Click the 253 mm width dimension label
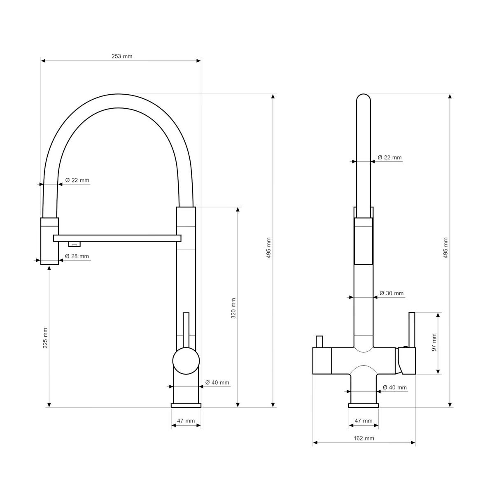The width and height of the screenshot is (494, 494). coord(122,56)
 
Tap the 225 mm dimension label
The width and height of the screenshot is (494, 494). coord(45,338)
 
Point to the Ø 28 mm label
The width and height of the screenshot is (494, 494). coord(77,256)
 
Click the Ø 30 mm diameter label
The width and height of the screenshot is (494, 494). coord(391,293)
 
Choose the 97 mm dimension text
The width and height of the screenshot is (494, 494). coord(433,342)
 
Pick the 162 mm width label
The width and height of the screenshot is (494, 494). coord(364,438)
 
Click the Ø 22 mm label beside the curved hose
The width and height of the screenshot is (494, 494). coord(77,180)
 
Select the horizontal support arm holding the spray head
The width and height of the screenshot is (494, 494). coord(117,238)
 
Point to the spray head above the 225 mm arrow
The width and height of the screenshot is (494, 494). coord(49,241)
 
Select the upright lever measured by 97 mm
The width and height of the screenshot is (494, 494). coord(411,329)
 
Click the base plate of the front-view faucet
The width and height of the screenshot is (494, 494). coord(363,405)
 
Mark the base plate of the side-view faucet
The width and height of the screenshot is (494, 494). coord(186,405)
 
